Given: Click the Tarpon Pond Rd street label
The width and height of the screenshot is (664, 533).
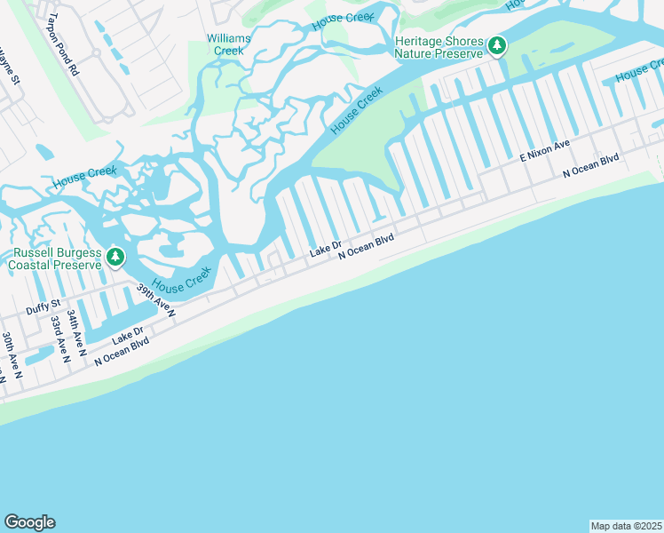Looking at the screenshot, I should pos(62,43).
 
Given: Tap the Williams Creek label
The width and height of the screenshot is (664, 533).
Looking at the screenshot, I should pos(229,44).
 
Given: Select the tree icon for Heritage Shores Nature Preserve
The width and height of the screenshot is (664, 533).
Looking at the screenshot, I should pos(498,45).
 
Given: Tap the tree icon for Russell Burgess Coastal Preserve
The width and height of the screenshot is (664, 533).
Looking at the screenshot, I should pos(115,258).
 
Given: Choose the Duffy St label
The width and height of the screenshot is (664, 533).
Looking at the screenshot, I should pos(43,307).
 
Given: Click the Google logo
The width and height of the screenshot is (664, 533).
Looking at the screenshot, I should pos(29,522).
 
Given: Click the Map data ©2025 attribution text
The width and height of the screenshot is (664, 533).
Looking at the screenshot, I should pos(626,525).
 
